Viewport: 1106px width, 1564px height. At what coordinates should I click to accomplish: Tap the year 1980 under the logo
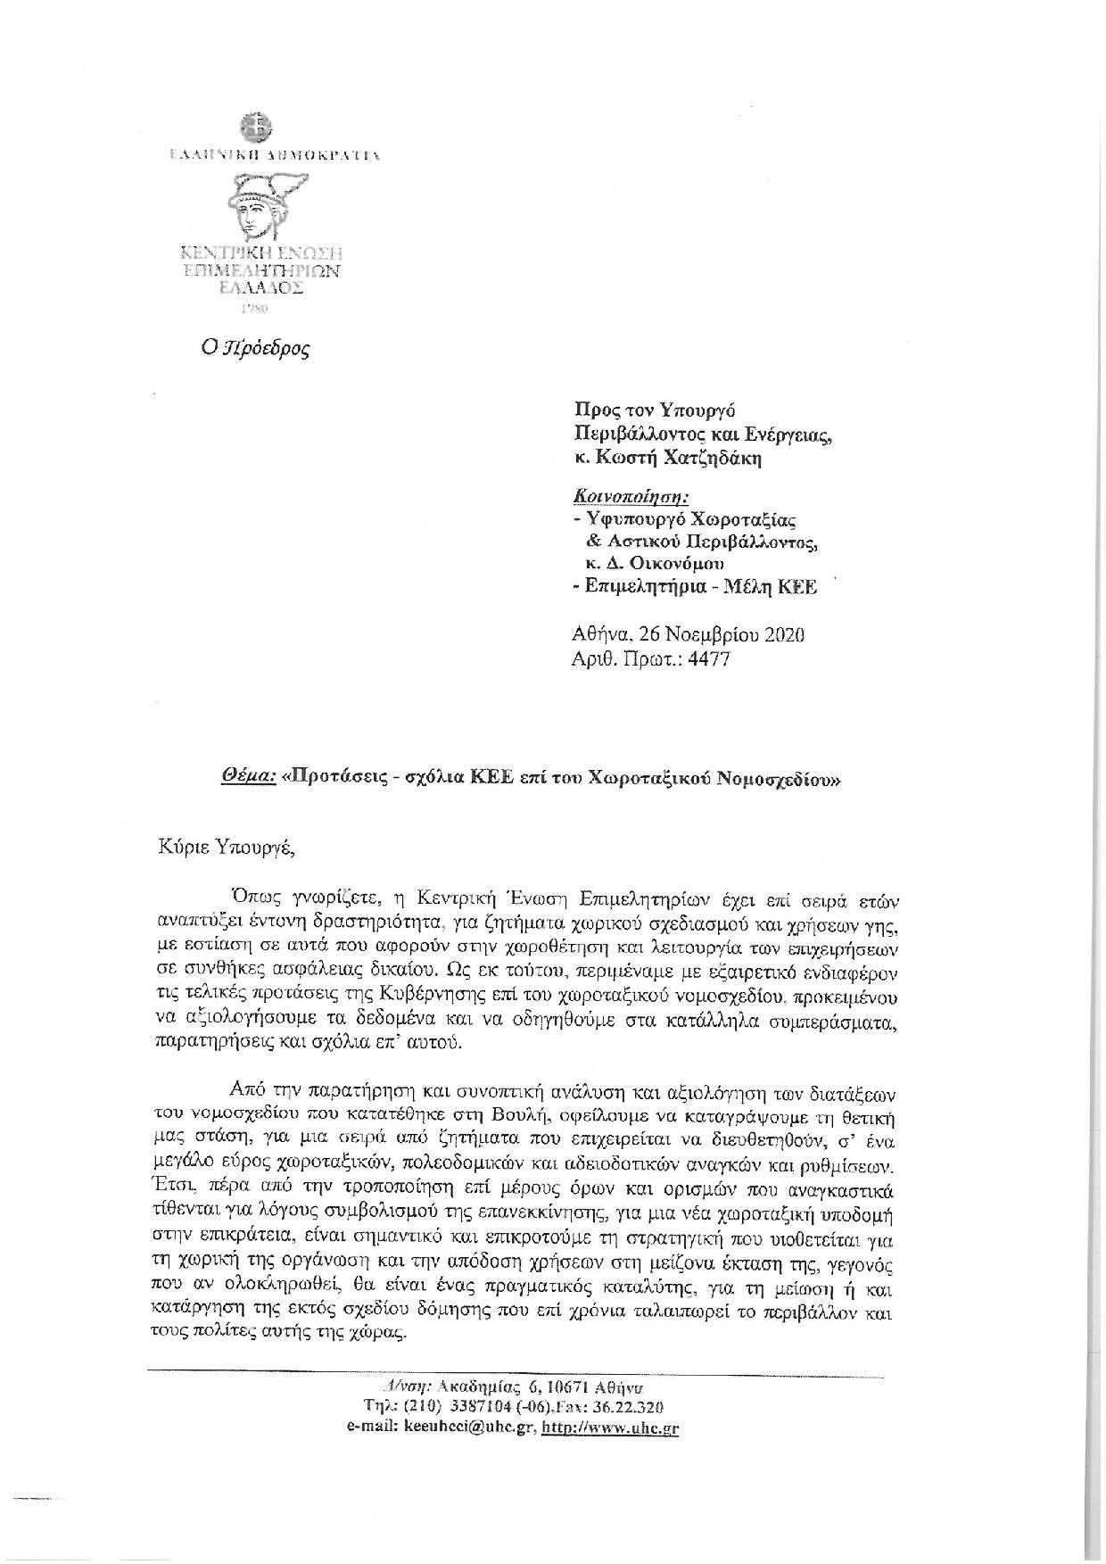coord(256,309)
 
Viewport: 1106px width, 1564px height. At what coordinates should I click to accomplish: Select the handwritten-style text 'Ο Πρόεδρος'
coord(255,348)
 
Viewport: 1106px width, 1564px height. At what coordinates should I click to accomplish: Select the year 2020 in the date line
coord(784,635)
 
